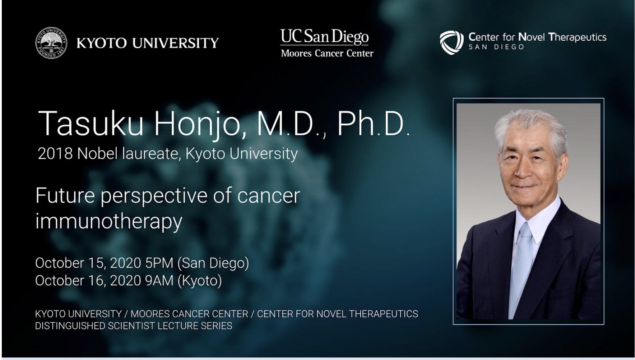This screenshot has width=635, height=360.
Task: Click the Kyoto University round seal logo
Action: pyautogui.click(x=51, y=43)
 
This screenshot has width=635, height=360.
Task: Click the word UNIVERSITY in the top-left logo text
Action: pyautogui.click(x=175, y=43)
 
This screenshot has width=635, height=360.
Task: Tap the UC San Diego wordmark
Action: pyautogui.click(x=324, y=37)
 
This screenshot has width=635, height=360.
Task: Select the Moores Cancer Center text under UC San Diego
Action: pyautogui.click(x=327, y=54)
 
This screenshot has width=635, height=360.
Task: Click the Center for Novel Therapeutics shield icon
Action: pyautogui.click(x=451, y=42)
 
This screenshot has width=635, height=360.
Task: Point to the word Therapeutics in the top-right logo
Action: pyautogui.click(x=578, y=37)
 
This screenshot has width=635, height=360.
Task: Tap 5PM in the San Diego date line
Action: pyautogui.click(x=159, y=263)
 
